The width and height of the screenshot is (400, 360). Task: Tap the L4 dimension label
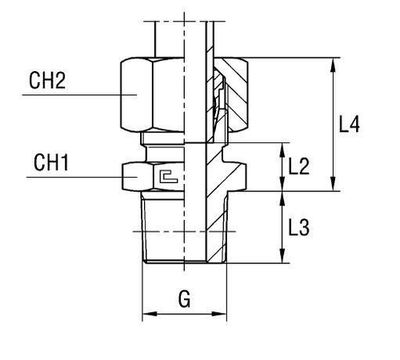[x=350, y=124]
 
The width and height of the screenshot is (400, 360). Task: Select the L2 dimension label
[x=298, y=166]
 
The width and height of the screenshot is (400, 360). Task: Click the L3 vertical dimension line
[x=281, y=228]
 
